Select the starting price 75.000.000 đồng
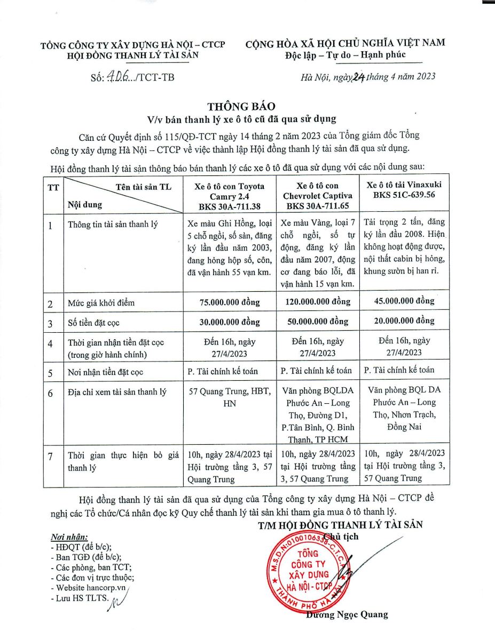point(230,302)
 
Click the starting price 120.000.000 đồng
point(318,302)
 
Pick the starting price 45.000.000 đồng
point(404,301)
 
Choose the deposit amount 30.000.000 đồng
point(230,322)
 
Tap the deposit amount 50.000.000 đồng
point(318,322)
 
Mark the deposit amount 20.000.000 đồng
point(404,321)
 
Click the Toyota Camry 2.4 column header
point(230,195)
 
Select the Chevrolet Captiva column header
point(318,195)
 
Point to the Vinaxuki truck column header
point(404,190)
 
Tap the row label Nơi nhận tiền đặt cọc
point(106,372)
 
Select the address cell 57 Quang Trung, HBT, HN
point(230,397)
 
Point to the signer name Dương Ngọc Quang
point(347,615)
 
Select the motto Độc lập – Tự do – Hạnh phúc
point(345,55)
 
